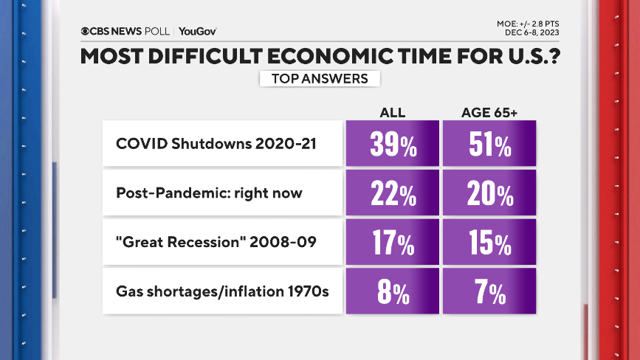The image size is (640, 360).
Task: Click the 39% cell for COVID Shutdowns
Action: pos(392,144)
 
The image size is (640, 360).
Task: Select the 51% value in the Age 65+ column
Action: pos(489,144)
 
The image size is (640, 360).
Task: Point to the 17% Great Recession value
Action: pos(392,243)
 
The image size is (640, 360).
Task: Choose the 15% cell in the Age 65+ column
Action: pos(489,243)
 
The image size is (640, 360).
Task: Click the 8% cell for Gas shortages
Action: pos(392,292)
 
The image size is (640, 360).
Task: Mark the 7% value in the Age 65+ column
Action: pos(489,292)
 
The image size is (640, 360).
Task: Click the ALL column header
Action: pos(392,112)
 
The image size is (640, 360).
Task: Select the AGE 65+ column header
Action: pos(489,112)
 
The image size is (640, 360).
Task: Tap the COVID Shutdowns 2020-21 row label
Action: pos(216,144)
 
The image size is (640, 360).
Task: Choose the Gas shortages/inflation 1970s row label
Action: pos(222,292)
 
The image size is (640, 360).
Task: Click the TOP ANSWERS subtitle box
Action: pos(320,78)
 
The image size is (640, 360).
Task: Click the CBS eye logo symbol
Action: pos(86,31)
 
